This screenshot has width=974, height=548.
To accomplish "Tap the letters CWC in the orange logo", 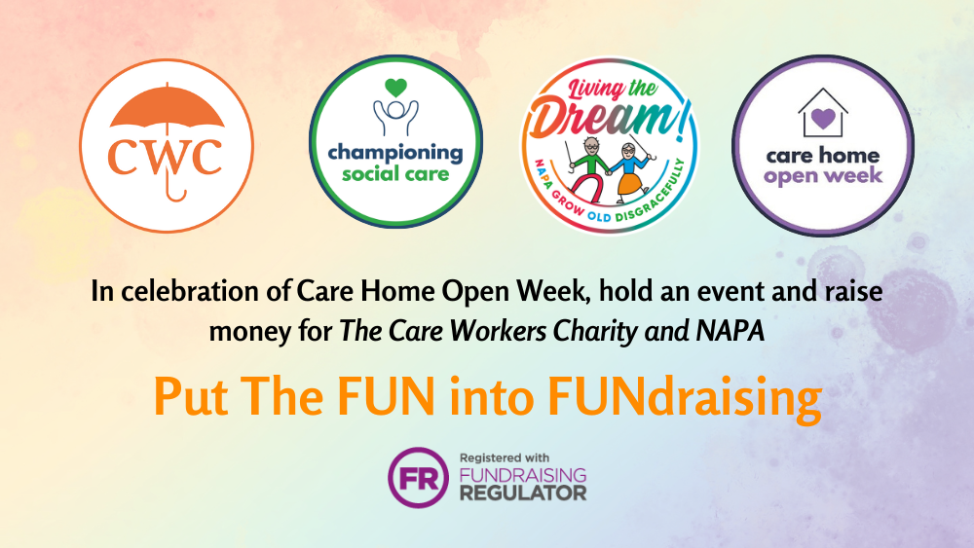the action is (166, 156).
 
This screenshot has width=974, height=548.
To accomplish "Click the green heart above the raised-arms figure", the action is (395, 88).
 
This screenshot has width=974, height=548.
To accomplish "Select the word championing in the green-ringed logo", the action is (395, 153).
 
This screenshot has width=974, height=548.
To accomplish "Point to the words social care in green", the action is (395, 174).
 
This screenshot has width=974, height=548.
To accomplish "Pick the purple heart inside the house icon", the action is (823, 118).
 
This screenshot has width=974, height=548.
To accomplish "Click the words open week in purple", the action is (823, 177).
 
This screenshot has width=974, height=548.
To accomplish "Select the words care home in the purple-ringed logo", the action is (823, 155).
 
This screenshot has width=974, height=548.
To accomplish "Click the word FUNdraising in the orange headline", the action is (685, 397).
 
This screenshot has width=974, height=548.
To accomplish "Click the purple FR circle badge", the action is (418, 478).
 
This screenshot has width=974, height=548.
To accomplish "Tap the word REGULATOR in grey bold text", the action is (523, 493).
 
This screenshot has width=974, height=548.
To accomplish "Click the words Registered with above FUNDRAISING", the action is (505, 458).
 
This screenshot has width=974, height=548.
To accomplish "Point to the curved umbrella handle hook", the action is (175, 195).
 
